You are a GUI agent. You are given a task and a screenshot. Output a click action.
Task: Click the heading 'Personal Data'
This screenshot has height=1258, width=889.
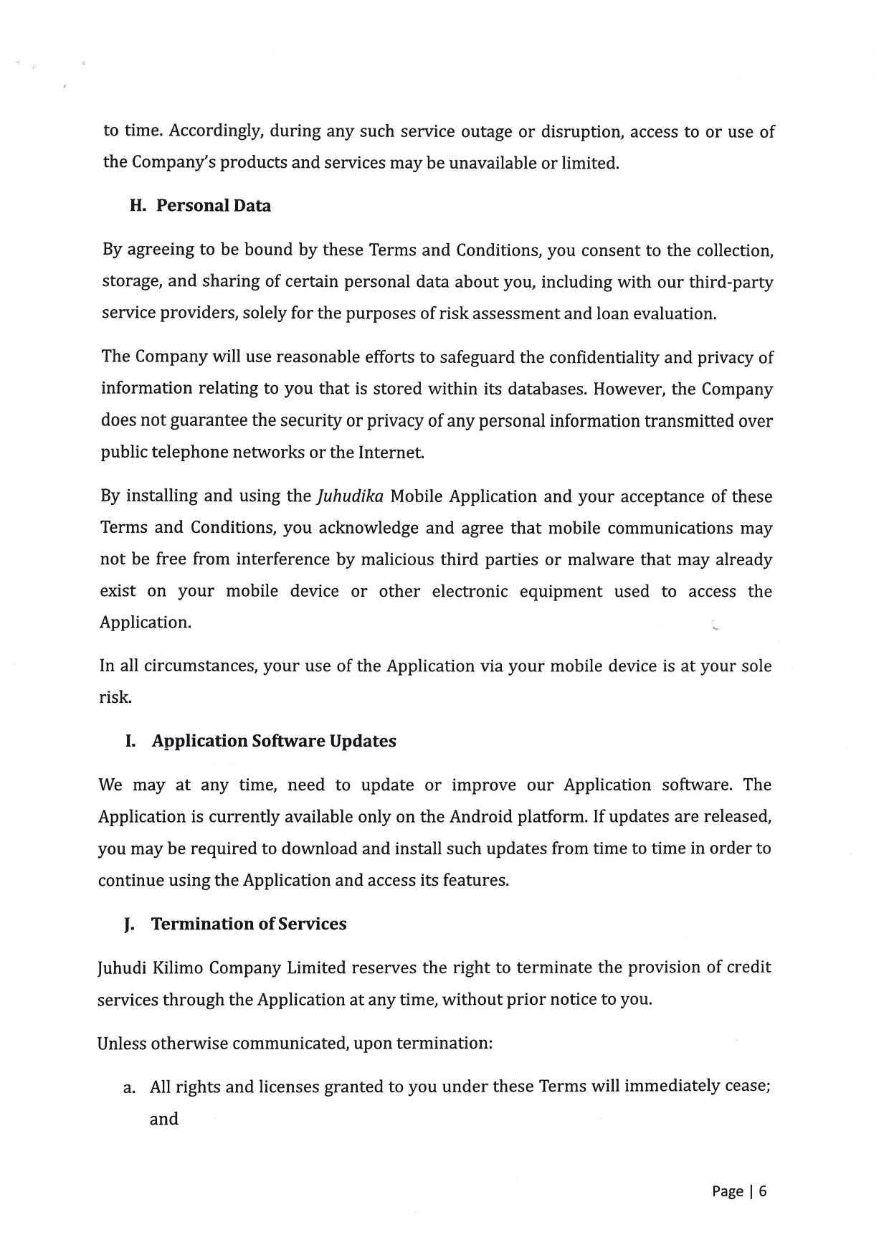click(214, 206)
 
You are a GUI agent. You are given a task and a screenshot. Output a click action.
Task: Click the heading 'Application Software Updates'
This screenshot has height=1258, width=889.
click(274, 741)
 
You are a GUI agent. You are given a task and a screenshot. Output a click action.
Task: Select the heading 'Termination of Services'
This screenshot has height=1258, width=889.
click(249, 924)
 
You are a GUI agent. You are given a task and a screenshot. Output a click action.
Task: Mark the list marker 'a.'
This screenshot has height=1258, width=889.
click(129, 1088)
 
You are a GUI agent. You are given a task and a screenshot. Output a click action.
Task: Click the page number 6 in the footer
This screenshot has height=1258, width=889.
click(763, 1191)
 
